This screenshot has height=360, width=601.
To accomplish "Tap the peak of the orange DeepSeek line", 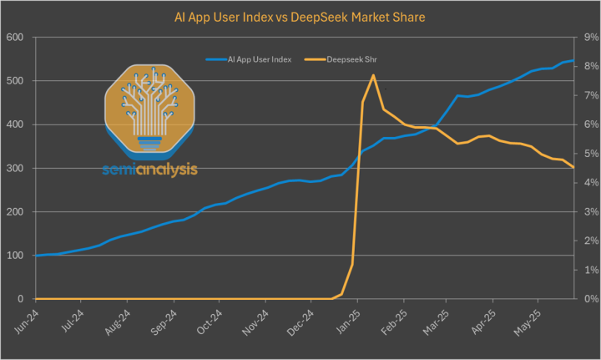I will pyautogui.click(x=372, y=75).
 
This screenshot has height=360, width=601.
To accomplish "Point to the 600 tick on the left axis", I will pyautogui.click(x=14, y=38).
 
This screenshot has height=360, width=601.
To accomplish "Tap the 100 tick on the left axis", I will pyautogui.click(x=14, y=255).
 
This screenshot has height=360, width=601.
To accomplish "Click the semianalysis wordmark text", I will pyautogui.click(x=150, y=170).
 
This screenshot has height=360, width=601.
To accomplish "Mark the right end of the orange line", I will pyautogui.click(x=573, y=168).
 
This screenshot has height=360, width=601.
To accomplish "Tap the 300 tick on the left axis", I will pyautogui.click(x=14, y=168).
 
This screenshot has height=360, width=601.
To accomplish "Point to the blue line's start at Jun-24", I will pyautogui.click(x=35, y=255).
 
